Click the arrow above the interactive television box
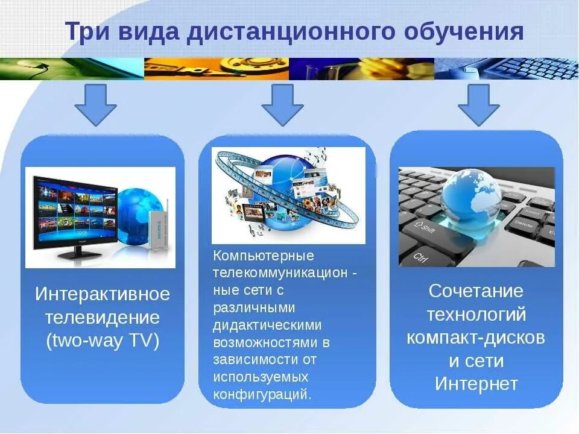(x=95, y=104)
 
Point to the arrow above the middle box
(x=282, y=104)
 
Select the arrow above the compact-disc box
(x=479, y=104)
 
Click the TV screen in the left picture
(x=75, y=211)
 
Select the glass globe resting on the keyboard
(x=470, y=193)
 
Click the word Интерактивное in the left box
(x=103, y=295)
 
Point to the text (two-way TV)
(x=103, y=341)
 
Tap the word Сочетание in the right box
(x=476, y=291)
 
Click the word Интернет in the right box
(x=476, y=384)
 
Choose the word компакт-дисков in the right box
(x=476, y=338)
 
